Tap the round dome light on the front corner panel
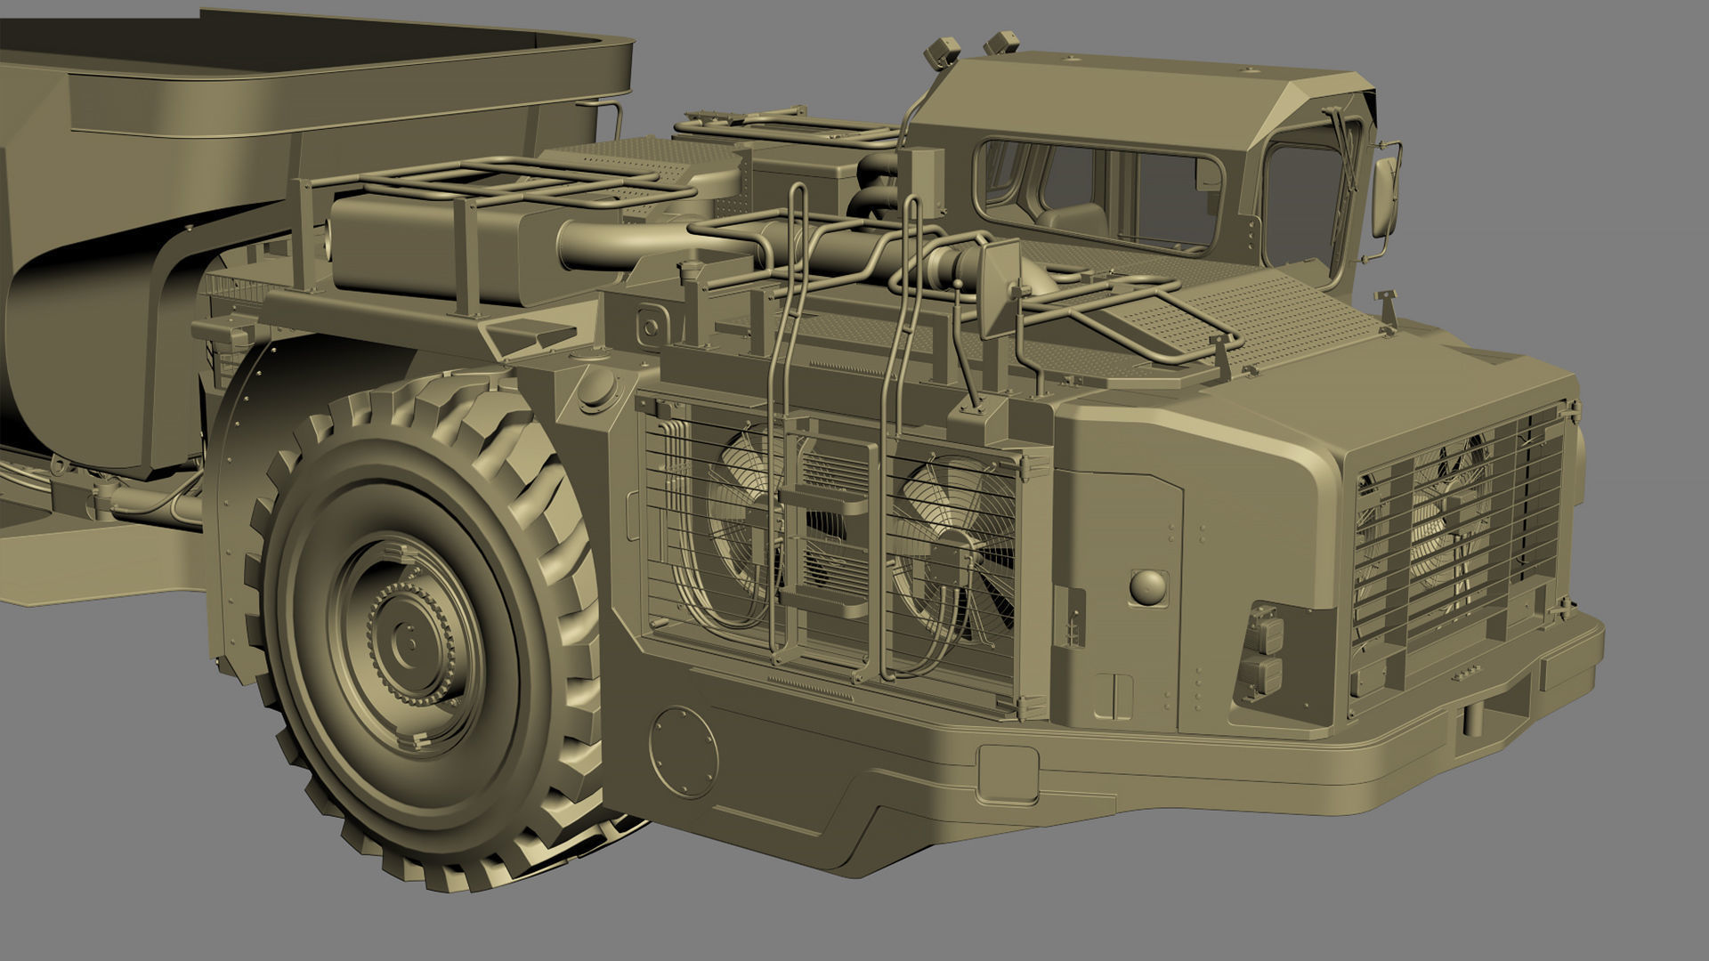click(1148, 587)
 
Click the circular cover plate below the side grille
click(683, 752)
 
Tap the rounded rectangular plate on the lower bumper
click(1008, 774)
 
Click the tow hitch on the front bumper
click(1482, 712)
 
